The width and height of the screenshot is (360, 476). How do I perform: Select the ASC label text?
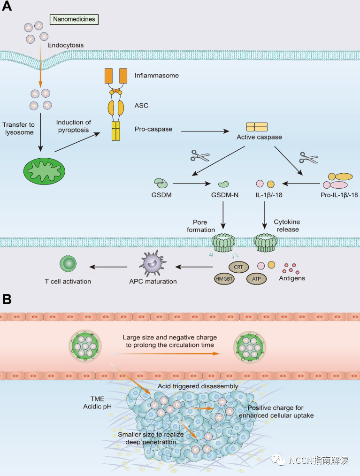coord(141,106)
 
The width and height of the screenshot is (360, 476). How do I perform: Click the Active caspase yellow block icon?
coord(257,127)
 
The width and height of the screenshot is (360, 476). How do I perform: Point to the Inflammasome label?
coord(156,75)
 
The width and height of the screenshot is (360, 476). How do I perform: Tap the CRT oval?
coord(237,266)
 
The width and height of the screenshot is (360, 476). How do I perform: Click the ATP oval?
coord(256,278)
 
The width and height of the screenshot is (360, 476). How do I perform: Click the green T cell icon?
coord(68,264)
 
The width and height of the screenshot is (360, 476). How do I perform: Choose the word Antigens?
coord(292,278)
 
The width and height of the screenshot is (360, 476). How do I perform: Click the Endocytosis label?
coord(65,46)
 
